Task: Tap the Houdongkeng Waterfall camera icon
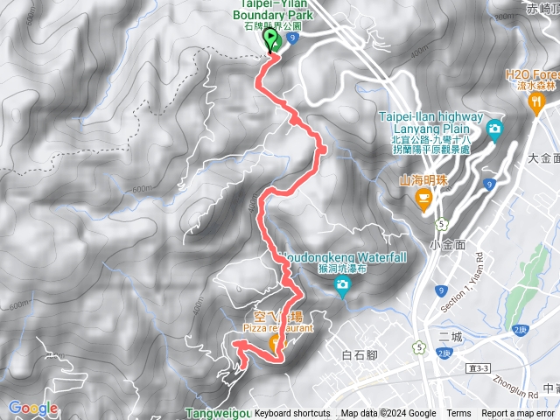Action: (x=341, y=291)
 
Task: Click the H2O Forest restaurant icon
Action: (x=535, y=104)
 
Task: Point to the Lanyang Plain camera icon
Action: (x=494, y=129)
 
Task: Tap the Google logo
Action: (x=33, y=408)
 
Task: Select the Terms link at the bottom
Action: (x=458, y=414)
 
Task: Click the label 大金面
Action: (x=544, y=158)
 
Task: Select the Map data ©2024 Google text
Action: (x=388, y=414)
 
